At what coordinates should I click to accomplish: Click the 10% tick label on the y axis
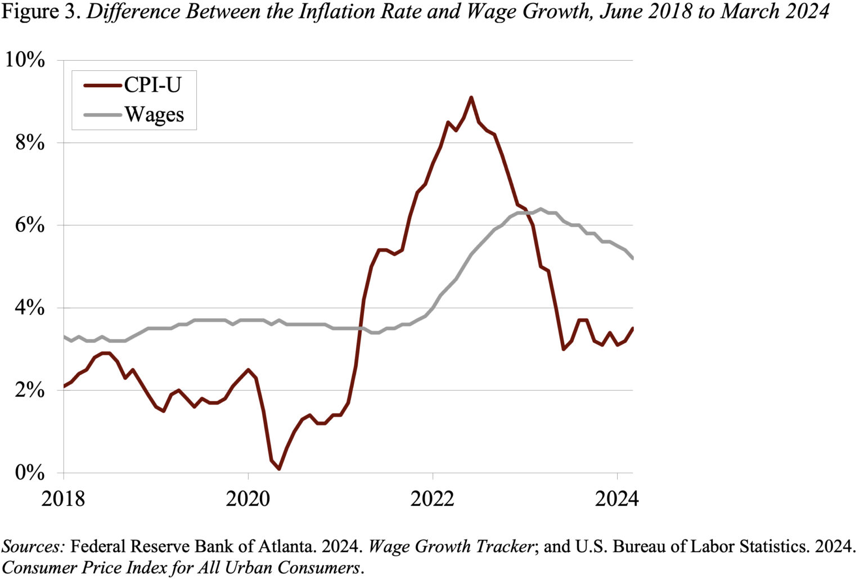click(x=25, y=60)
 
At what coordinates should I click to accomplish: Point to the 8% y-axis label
click(x=30, y=142)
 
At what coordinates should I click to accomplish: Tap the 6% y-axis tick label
click(x=30, y=225)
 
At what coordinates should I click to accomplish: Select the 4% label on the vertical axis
click(x=30, y=308)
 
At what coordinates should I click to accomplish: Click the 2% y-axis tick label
click(x=30, y=390)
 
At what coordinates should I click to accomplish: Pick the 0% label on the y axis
click(x=30, y=473)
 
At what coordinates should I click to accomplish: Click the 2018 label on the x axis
click(x=64, y=498)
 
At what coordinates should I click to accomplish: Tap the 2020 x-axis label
click(x=248, y=498)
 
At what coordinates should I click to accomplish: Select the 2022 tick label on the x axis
click(x=433, y=498)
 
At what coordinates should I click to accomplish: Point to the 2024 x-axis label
click(x=616, y=498)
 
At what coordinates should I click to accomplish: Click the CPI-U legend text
click(x=152, y=85)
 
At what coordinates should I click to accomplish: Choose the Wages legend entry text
click(x=154, y=115)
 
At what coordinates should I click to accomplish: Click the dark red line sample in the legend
click(x=102, y=86)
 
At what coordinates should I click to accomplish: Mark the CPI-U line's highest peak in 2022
click(x=471, y=97)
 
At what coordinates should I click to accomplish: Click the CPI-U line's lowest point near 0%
click(x=279, y=469)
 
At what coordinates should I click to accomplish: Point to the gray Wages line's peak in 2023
click(x=540, y=209)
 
